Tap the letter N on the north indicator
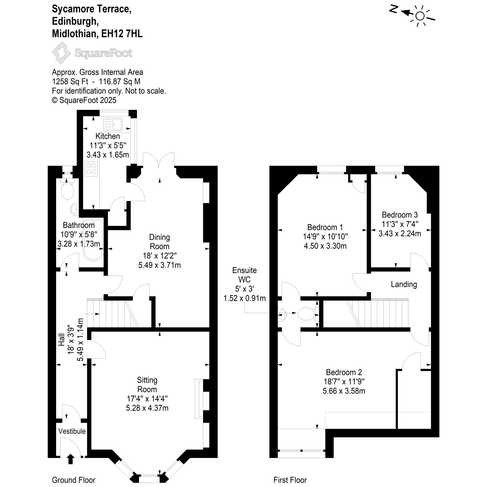pyautogui.click(x=393, y=9)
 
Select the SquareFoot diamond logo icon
pyautogui.click(x=61, y=53)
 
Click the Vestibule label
pyautogui.click(x=72, y=431)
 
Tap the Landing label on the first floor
pyautogui.click(x=403, y=284)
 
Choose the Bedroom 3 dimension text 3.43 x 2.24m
pyautogui.click(x=399, y=233)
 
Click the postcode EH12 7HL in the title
pyautogui.click(x=122, y=33)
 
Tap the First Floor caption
pyautogui.click(x=290, y=480)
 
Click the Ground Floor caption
pyautogui.click(x=74, y=480)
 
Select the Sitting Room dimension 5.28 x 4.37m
pyautogui.click(x=147, y=408)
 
